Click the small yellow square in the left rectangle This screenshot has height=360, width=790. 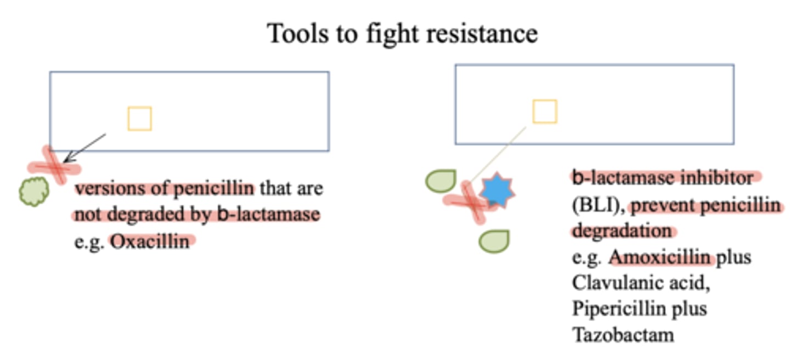pyautogui.click(x=139, y=119)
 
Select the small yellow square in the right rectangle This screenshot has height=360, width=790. pyautogui.click(x=545, y=111)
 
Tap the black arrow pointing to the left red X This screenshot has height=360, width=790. pyautogui.click(x=85, y=147)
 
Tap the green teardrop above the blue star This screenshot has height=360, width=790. pyautogui.click(x=441, y=182)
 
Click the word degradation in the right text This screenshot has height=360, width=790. pyautogui.click(x=622, y=231)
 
